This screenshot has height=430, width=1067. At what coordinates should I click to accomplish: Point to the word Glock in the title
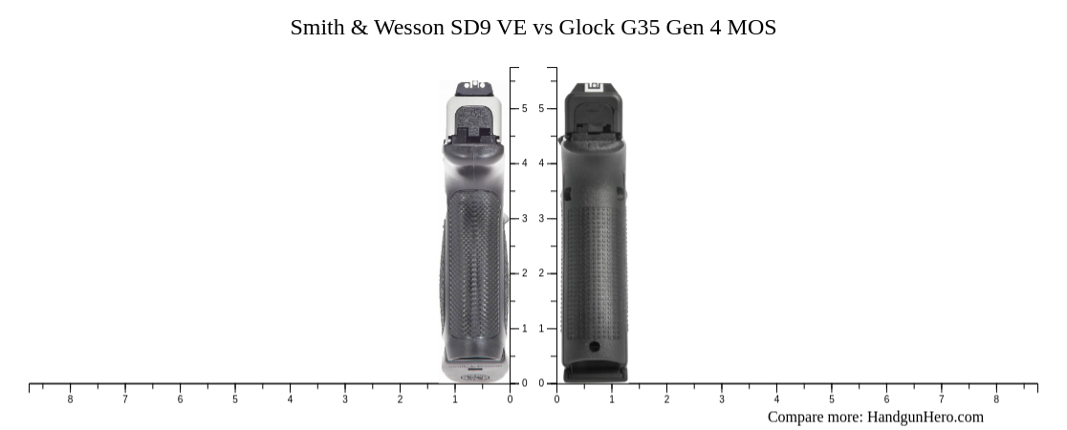(x=587, y=28)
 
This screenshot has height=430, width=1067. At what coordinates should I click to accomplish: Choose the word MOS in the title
(x=751, y=28)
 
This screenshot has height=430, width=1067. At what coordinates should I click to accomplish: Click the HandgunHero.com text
(x=925, y=417)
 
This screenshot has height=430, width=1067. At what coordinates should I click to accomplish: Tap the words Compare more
(x=815, y=417)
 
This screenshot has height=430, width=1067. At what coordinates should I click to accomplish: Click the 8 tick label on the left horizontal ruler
(x=70, y=399)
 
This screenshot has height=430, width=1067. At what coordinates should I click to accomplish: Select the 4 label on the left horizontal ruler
(x=290, y=399)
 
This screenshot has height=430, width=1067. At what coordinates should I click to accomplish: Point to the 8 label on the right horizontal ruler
(x=996, y=399)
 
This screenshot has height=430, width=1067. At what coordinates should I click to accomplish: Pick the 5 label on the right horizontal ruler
(x=831, y=399)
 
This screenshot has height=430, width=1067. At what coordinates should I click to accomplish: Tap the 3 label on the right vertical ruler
(x=541, y=219)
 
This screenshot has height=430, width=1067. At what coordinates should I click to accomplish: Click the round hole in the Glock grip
(x=594, y=346)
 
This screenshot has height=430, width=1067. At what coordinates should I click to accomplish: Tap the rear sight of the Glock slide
(x=594, y=87)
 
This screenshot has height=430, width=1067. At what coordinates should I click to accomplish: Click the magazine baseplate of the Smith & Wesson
(x=474, y=374)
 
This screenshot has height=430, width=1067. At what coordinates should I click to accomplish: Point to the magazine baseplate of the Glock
(x=595, y=373)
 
